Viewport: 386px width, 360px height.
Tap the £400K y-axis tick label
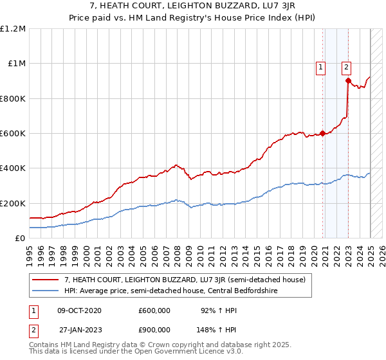click(13, 168)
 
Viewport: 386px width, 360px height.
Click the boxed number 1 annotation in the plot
click(320, 66)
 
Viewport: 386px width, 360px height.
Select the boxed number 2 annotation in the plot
click(346, 66)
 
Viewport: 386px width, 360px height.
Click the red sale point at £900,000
click(348, 81)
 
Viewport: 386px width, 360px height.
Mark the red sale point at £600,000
click(322, 134)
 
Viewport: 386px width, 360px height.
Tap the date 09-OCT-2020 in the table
click(79, 310)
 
